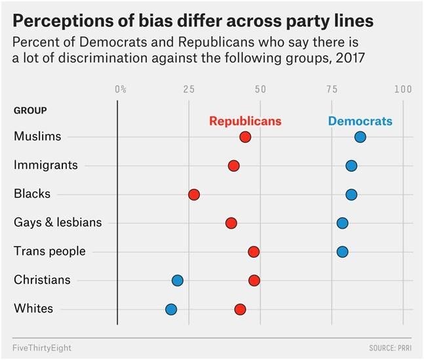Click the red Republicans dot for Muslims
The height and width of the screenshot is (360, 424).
click(245, 137)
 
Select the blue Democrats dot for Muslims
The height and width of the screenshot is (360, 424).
click(360, 137)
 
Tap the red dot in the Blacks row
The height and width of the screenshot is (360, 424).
click(194, 194)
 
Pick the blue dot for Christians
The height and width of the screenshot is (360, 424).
click(178, 281)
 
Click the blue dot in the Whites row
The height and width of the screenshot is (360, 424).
click(171, 309)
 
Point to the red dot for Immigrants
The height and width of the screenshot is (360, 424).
click(234, 166)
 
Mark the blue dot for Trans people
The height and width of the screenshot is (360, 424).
click(342, 252)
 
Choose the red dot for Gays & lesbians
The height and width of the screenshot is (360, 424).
click(231, 223)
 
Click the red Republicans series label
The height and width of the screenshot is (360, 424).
click(245, 121)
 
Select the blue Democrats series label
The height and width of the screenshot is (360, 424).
click(360, 121)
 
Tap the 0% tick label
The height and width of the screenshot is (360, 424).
click(121, 89)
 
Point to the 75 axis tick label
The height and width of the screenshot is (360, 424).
click(331, 89)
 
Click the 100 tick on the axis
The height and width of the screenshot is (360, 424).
click(402, 89)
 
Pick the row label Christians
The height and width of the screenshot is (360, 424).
click(42, 280)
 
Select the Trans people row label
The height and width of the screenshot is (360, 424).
click(50, 251)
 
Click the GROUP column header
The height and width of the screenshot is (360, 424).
click(30, 110)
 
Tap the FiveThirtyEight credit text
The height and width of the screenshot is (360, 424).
click(42, 346)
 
